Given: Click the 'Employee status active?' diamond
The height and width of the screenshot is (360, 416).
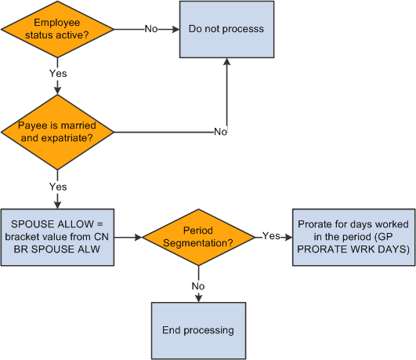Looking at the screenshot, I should coord(58,30).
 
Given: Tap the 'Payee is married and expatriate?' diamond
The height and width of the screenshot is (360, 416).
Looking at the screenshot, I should coord(58,131).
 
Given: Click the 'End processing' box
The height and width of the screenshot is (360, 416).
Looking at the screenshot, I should coord(198,330).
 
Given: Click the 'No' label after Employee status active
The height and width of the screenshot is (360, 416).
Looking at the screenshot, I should coord(151,30).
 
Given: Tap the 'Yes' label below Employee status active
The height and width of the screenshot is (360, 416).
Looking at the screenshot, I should coord(58,74).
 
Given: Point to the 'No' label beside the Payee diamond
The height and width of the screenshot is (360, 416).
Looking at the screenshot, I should coord(220,131).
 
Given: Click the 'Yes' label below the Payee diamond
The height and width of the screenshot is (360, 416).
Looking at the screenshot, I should coord(58,187).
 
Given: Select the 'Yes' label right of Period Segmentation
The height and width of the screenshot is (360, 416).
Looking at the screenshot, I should coord(270,236).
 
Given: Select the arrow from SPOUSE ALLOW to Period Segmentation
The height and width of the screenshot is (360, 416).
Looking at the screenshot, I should coord(128,236).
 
